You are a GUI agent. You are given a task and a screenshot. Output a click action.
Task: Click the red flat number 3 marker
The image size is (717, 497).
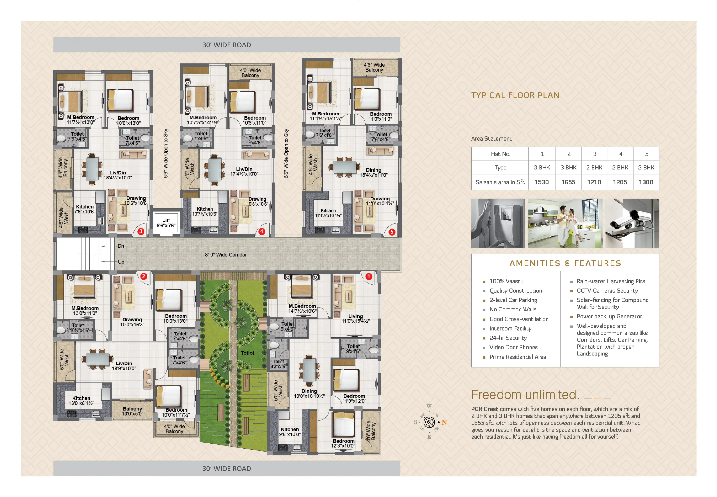coord(141,231)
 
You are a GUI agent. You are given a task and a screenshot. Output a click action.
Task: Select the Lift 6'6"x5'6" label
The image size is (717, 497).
coord(166,223)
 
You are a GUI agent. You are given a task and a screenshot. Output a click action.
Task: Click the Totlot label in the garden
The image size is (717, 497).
coord(247,353)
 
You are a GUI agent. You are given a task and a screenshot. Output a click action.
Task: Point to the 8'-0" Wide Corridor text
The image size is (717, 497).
coord(226,255)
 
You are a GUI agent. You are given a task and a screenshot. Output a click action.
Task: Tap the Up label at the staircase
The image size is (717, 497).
coord(121,262)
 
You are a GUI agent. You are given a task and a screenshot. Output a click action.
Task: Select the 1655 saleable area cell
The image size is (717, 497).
coord(568,182)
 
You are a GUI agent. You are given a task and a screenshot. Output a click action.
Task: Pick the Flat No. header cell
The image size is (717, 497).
coord(500,154)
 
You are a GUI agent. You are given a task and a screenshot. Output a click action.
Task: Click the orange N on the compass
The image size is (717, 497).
coord(444,423)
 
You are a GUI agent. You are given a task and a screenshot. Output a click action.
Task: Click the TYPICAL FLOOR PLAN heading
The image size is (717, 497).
coord(515,95)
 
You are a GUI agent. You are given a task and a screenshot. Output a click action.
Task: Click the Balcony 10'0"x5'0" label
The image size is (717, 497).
coord(132,411)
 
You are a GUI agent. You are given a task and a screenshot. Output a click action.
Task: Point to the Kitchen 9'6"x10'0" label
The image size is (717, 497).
coord(290,432)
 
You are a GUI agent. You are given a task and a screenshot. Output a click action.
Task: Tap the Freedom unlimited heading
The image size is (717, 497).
coord(525,395)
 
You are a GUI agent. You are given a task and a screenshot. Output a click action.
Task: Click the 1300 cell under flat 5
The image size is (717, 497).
coord(646,182)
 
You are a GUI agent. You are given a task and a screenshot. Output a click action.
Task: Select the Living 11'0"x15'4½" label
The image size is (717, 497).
coord(355,318)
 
